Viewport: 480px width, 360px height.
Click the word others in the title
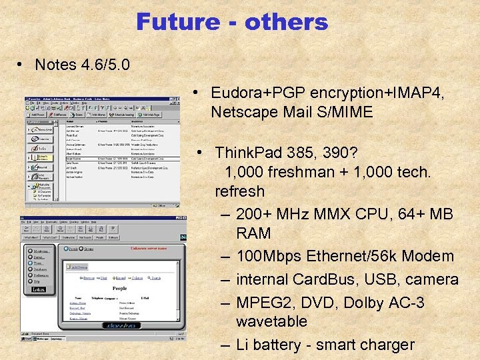click(287, 22)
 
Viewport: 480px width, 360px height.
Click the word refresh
click(240, 191)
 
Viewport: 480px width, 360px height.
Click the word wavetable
click(271, 321)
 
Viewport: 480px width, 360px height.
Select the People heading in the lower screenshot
click(119, 289)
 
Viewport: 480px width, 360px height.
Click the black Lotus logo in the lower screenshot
click(37, 289)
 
